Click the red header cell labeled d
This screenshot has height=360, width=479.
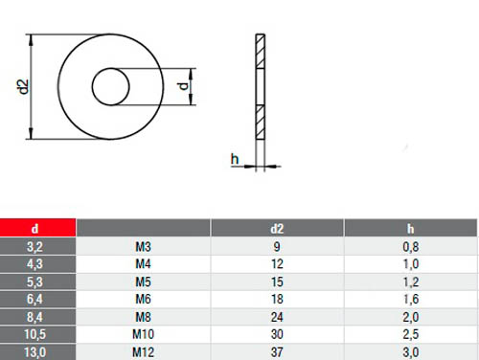point(37,228)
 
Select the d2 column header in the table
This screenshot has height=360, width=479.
point(277,229)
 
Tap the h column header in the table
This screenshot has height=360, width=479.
point(411,229)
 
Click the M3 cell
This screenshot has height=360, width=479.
point(143,247)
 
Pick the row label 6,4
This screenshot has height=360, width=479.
point(34,299)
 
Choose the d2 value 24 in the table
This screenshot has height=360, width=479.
point(277,317)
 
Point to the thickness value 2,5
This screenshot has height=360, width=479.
point(411,334)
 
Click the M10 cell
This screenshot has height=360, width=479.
point(143,334)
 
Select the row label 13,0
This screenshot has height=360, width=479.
point(35,352)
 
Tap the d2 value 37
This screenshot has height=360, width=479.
point(277,352)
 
